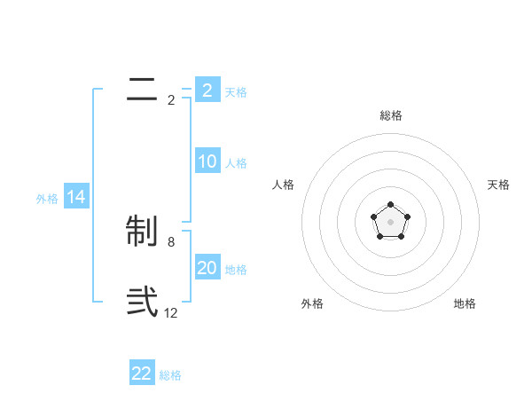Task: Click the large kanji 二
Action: click(142, 90)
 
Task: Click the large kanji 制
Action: click(142, 232)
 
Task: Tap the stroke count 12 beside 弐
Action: click(171, 313)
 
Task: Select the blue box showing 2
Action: click(207, 90)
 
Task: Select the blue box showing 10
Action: click(207, 161)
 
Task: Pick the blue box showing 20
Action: click(207, 268)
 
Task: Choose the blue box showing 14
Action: click(76, 197)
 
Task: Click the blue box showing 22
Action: click(142, 374)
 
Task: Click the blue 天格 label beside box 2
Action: click(236, 92)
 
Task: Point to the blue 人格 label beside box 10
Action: click(236, 163)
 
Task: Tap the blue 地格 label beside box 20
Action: click(236, 270)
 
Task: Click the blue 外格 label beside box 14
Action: click(47, 199)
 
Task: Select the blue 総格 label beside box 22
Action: click(170, 375)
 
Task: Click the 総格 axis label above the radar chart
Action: click(390, 115)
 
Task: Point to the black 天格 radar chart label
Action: click(498, 185)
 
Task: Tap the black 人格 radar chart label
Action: click(284, 185)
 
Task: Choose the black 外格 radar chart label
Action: click(312, 303)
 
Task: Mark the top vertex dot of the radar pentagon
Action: click(390, 206)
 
